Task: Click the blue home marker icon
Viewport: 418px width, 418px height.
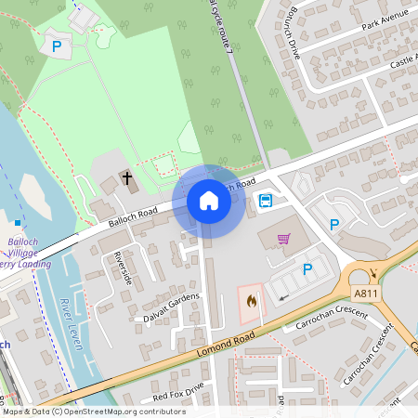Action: pyautogui.click(x=209, y=201)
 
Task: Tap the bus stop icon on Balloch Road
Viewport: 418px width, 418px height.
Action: pyautogui.click(x=266, y=200)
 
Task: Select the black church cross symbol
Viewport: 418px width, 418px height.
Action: pyautogui.click(x=127, y=176)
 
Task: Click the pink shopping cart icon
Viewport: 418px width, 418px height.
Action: pyautogui.click(x=284, y=239)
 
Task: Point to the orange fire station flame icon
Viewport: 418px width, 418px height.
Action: pyautogui.click(x=250, y=300)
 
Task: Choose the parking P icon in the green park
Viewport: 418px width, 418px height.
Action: pyautogui.click(x=56, y=45)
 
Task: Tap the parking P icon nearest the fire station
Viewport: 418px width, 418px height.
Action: pyautogui.click(x=307, y=269)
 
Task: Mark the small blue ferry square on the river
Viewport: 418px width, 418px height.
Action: pyautogui.click(x=18, y=223)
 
